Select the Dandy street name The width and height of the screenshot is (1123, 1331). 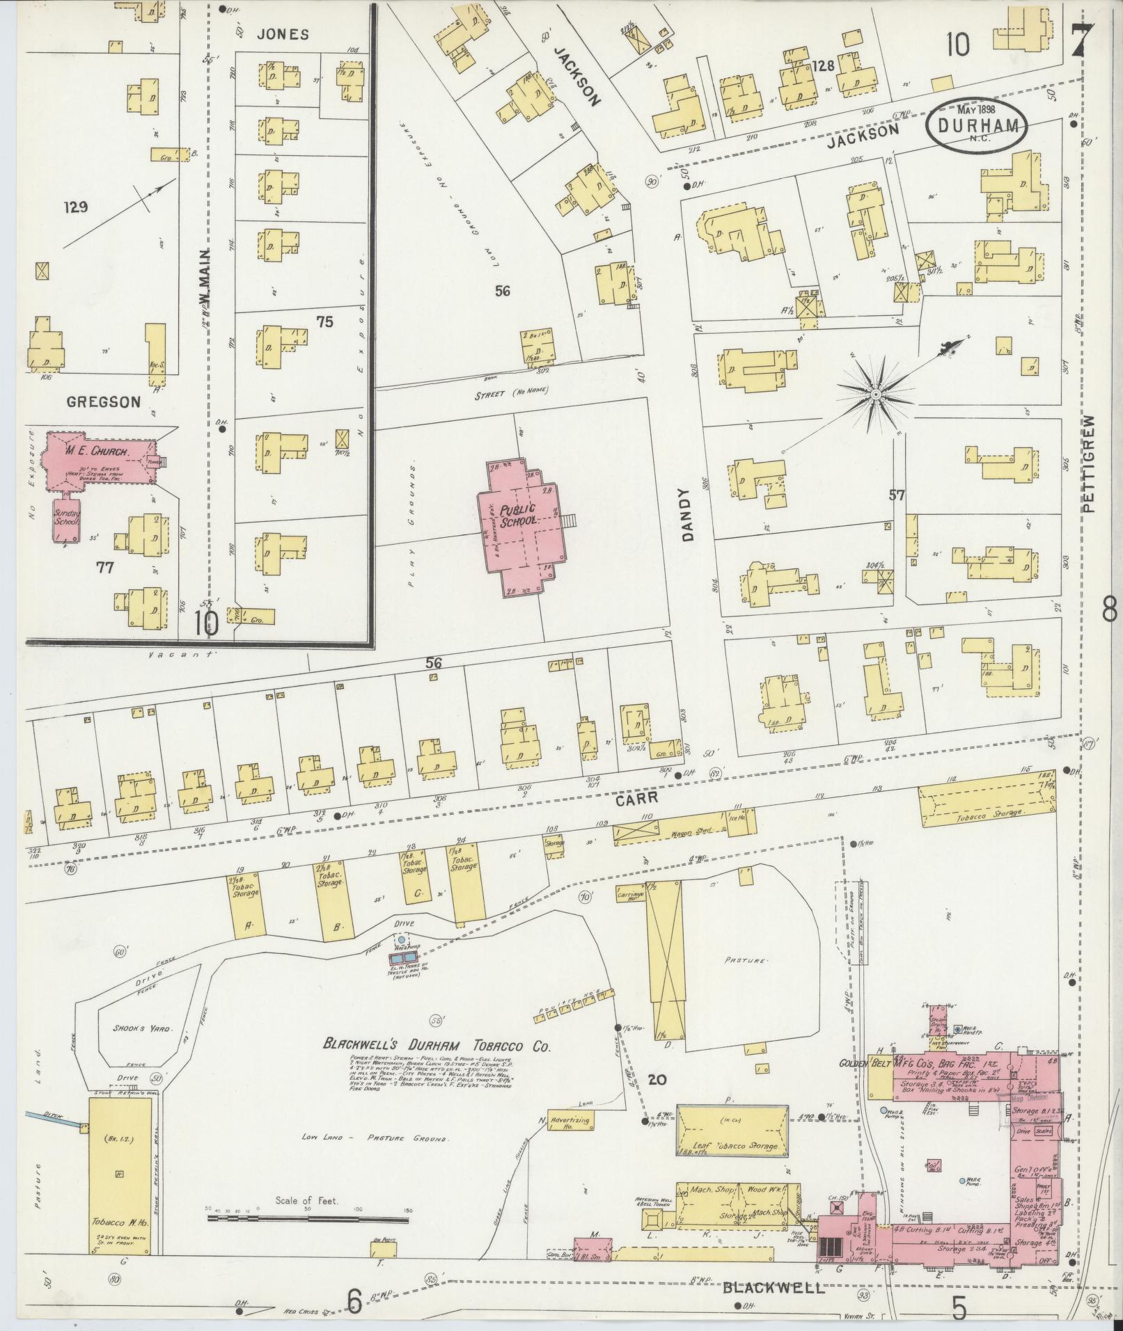point(689,514)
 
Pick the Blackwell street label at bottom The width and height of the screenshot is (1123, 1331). point(773,1288)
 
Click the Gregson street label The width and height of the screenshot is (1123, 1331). point(104,401)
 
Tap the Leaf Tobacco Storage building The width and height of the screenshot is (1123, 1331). point(733,1132)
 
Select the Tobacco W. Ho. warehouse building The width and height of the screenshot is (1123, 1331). point(120,1175)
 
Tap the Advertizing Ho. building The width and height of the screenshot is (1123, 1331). point(570,1121)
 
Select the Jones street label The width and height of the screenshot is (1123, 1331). point(282,34)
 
